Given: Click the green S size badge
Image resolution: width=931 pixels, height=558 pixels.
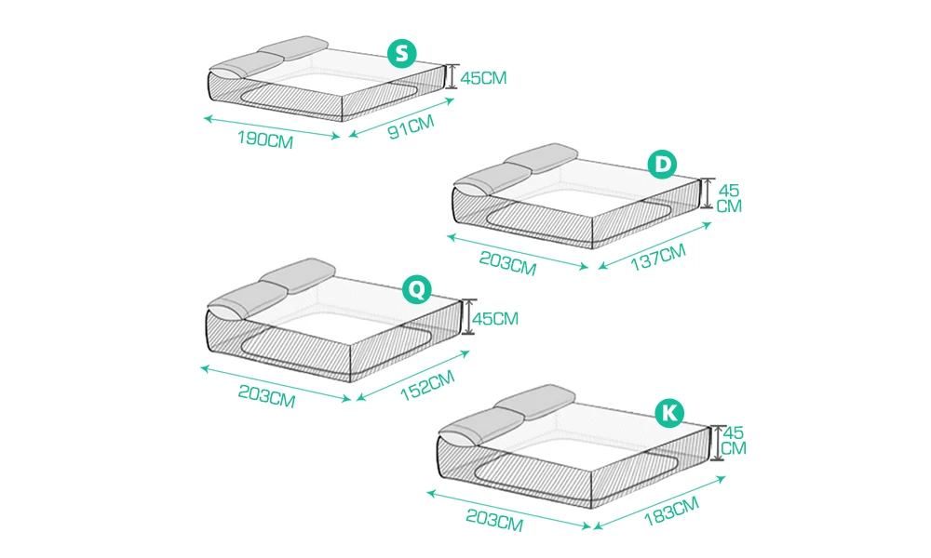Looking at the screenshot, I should point(400,54).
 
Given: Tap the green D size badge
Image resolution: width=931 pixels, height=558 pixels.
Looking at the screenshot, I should point(662,166).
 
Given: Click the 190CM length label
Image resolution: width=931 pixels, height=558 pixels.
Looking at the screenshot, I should point(266,139).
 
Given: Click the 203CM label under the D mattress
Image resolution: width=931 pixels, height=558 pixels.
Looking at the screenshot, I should point(508,264).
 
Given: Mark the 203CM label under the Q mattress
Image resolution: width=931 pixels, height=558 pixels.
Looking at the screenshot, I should point(266,397).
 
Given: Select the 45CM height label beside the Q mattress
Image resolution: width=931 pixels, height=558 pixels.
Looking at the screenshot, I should point(495,319).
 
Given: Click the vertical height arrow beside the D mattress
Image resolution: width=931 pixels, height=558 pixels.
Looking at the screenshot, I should point(707,193).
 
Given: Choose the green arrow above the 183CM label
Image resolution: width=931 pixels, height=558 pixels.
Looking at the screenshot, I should point(660,500).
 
